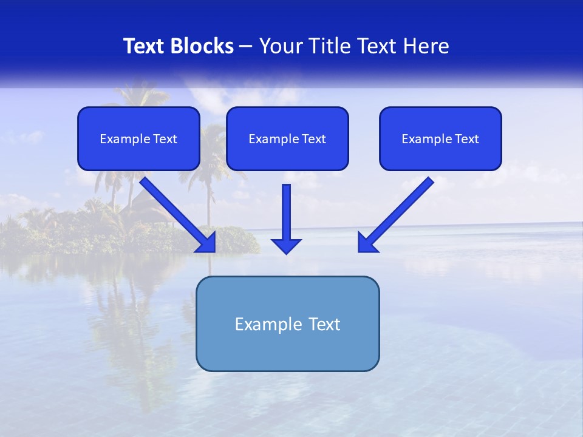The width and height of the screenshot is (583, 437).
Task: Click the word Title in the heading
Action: click(x=326, y=46)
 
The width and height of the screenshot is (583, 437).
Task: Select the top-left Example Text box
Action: click(x=138, y=138)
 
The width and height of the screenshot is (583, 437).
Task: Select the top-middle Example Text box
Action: click(x=287, y=138)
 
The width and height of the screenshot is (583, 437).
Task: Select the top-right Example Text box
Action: click(x=440, y=138)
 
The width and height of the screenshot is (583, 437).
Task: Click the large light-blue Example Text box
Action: click(x=287, y=324)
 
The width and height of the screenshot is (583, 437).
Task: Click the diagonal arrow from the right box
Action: click(x=398, y=212)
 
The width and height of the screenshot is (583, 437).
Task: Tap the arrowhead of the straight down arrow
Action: click(x=286, y=245)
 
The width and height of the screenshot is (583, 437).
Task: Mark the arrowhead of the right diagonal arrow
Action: click(x=366, y=243)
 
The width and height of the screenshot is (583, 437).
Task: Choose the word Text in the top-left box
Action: click(x=165, y=139)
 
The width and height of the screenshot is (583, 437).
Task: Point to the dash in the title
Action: click(x=246, y=46)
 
